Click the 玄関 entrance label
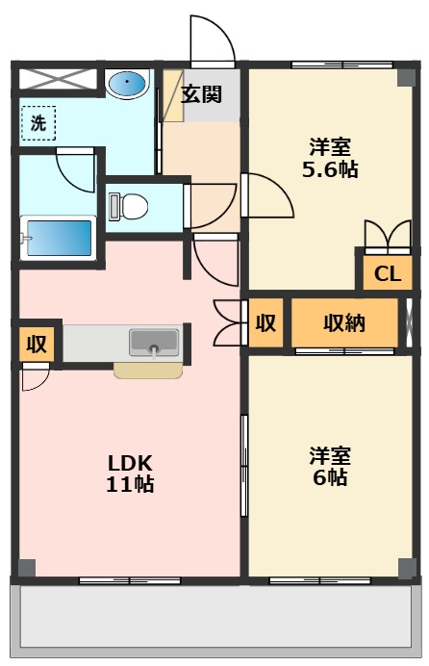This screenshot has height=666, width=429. pos(202,94)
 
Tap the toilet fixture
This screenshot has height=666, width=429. pos(128,207)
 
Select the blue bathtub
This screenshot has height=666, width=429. pos(59,238)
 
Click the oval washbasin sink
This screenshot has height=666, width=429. pos(126,83)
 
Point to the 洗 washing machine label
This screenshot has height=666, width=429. pos(38,123)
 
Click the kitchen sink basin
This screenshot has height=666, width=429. pos(154,343)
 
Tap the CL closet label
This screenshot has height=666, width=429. pos(388,274)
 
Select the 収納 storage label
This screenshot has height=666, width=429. pos(344,322)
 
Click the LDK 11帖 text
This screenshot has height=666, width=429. pos(130,474)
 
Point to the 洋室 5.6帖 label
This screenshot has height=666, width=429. pos(330,158)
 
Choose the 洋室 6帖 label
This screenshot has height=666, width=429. pos(330,466)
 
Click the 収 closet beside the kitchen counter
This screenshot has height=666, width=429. pos(37,344)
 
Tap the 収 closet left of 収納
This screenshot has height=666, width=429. pos(265,322)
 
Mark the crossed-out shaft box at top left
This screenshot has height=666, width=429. pos(58,79)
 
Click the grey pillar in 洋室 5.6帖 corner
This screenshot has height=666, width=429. pos(406,78)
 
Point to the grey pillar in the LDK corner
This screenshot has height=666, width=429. pos(27,568)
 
